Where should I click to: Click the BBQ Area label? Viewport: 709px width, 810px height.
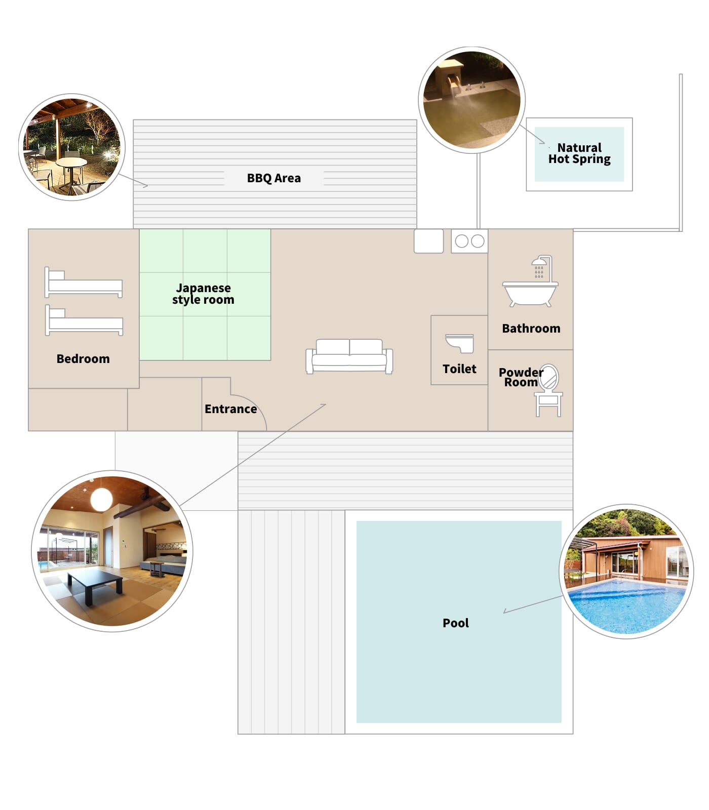pyautogui.click(x=273, y=178)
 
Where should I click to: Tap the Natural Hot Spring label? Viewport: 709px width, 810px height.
pyautogui.click(x=579, y=153)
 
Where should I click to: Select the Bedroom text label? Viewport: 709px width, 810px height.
pyautogui.click(x=83, y=359)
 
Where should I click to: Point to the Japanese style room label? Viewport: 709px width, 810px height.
pyautogui.click(x=203, y=294)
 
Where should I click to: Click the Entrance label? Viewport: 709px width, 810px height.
pyautogui.click(x=230, y=409)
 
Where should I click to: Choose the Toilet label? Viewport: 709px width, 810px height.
pyautogui.click(x=459, y=369)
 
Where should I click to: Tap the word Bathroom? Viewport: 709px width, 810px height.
pyautogui.click(x=531, y=329)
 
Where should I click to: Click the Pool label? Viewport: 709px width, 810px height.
pyautogui.click(x=456, y=623)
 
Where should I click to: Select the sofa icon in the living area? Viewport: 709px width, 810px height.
pyautogui.click(x=349, y=356)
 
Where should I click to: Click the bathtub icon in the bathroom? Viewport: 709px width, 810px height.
pyautogui.click(x=530, y=294)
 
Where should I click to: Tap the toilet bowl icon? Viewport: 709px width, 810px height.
pyautogui.click(x=460, y=343)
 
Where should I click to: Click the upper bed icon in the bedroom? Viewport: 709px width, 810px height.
pyautogui.click(x=84, y=282)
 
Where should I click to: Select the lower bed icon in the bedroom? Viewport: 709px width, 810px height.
pyautogui.click(x=84, y=320)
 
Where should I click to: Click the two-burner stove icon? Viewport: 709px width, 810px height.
pyautogui.click(x=469, y=241)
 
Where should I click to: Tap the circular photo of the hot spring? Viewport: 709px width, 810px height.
pyautogui.click(x=472, y=100)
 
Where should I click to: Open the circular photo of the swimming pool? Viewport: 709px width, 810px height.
pyautogui.click(x=626, y=572)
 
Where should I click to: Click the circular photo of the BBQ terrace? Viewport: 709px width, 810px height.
pyautogui.click(x=72, y=147)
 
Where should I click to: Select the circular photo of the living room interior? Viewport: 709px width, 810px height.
pyautogui.click(x=112, y=551)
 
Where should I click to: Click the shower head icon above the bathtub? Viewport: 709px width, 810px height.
pyautogui.click(x=541, y=266)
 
